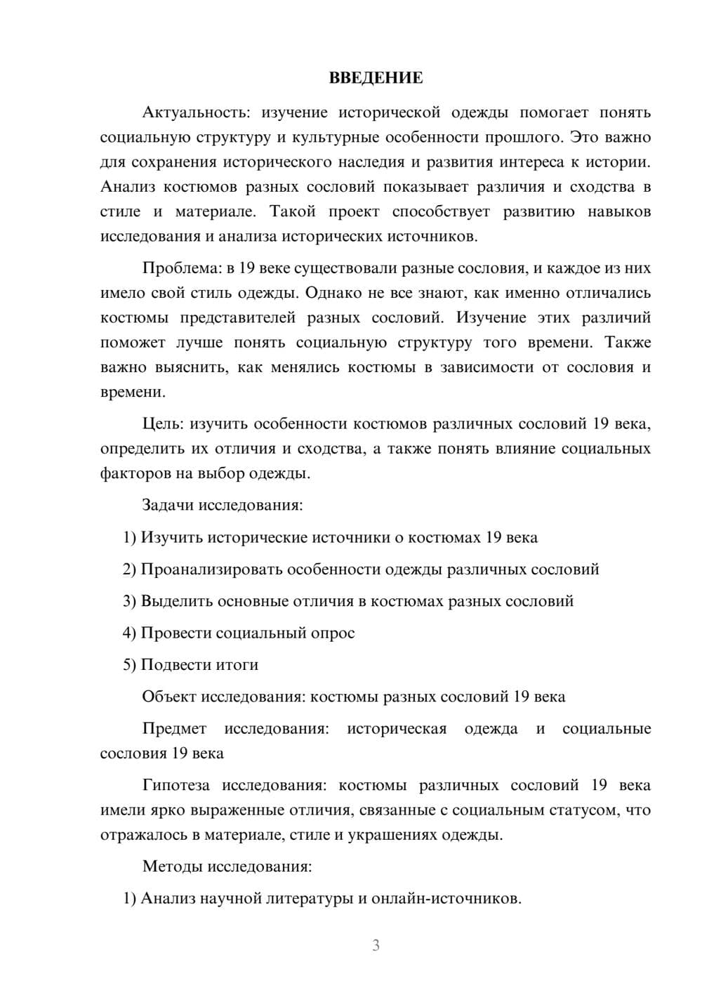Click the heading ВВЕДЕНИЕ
pos(376,78)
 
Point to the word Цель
pos(162,423)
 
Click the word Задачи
pos(168,505)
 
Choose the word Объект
pos(169,697)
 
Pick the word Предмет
pos(174,728)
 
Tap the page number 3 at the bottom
pos(376,945)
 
